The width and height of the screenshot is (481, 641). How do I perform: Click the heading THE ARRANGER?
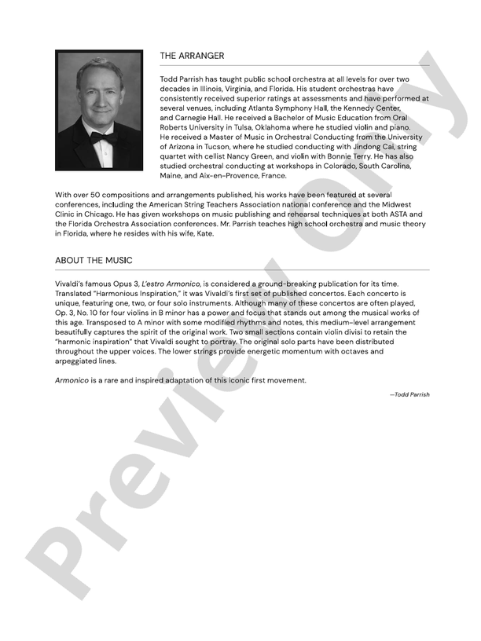pos(192,56)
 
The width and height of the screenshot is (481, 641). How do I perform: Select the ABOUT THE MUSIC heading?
pos(94,260)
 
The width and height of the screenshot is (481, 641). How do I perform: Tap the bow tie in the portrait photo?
pos(102,137)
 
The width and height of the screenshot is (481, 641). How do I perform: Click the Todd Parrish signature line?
pos(409,394)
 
